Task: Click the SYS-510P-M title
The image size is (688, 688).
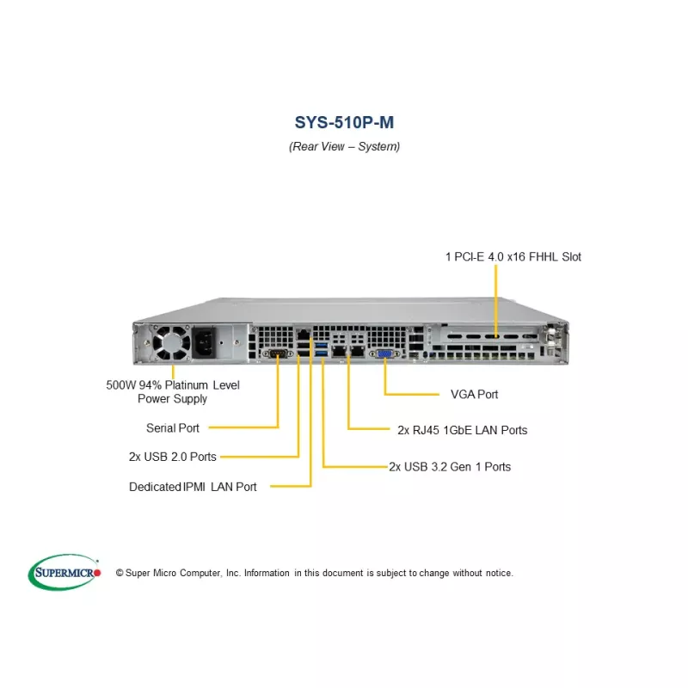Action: [344, 122]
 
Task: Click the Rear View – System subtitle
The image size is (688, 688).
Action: [344, 146]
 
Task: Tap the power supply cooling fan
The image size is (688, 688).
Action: [173, 343]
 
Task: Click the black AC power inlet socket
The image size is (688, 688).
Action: [207, 343]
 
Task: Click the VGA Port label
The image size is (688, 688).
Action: [474, 395]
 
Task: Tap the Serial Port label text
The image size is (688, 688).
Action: [173, 427]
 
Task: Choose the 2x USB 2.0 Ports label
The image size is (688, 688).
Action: [172, 457]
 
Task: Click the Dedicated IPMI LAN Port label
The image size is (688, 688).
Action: [193, 487]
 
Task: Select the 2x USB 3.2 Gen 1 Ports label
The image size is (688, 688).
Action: [450, 467]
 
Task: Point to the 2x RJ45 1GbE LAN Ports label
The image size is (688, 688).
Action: [463, 430]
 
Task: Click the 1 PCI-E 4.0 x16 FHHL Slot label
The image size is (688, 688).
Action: [513, 256]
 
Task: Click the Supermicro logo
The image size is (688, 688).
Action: [65, 572]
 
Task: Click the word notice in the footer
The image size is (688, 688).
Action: [497, 573]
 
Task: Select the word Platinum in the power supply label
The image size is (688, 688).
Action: [188, 385]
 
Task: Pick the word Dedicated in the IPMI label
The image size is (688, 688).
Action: [154, 487]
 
